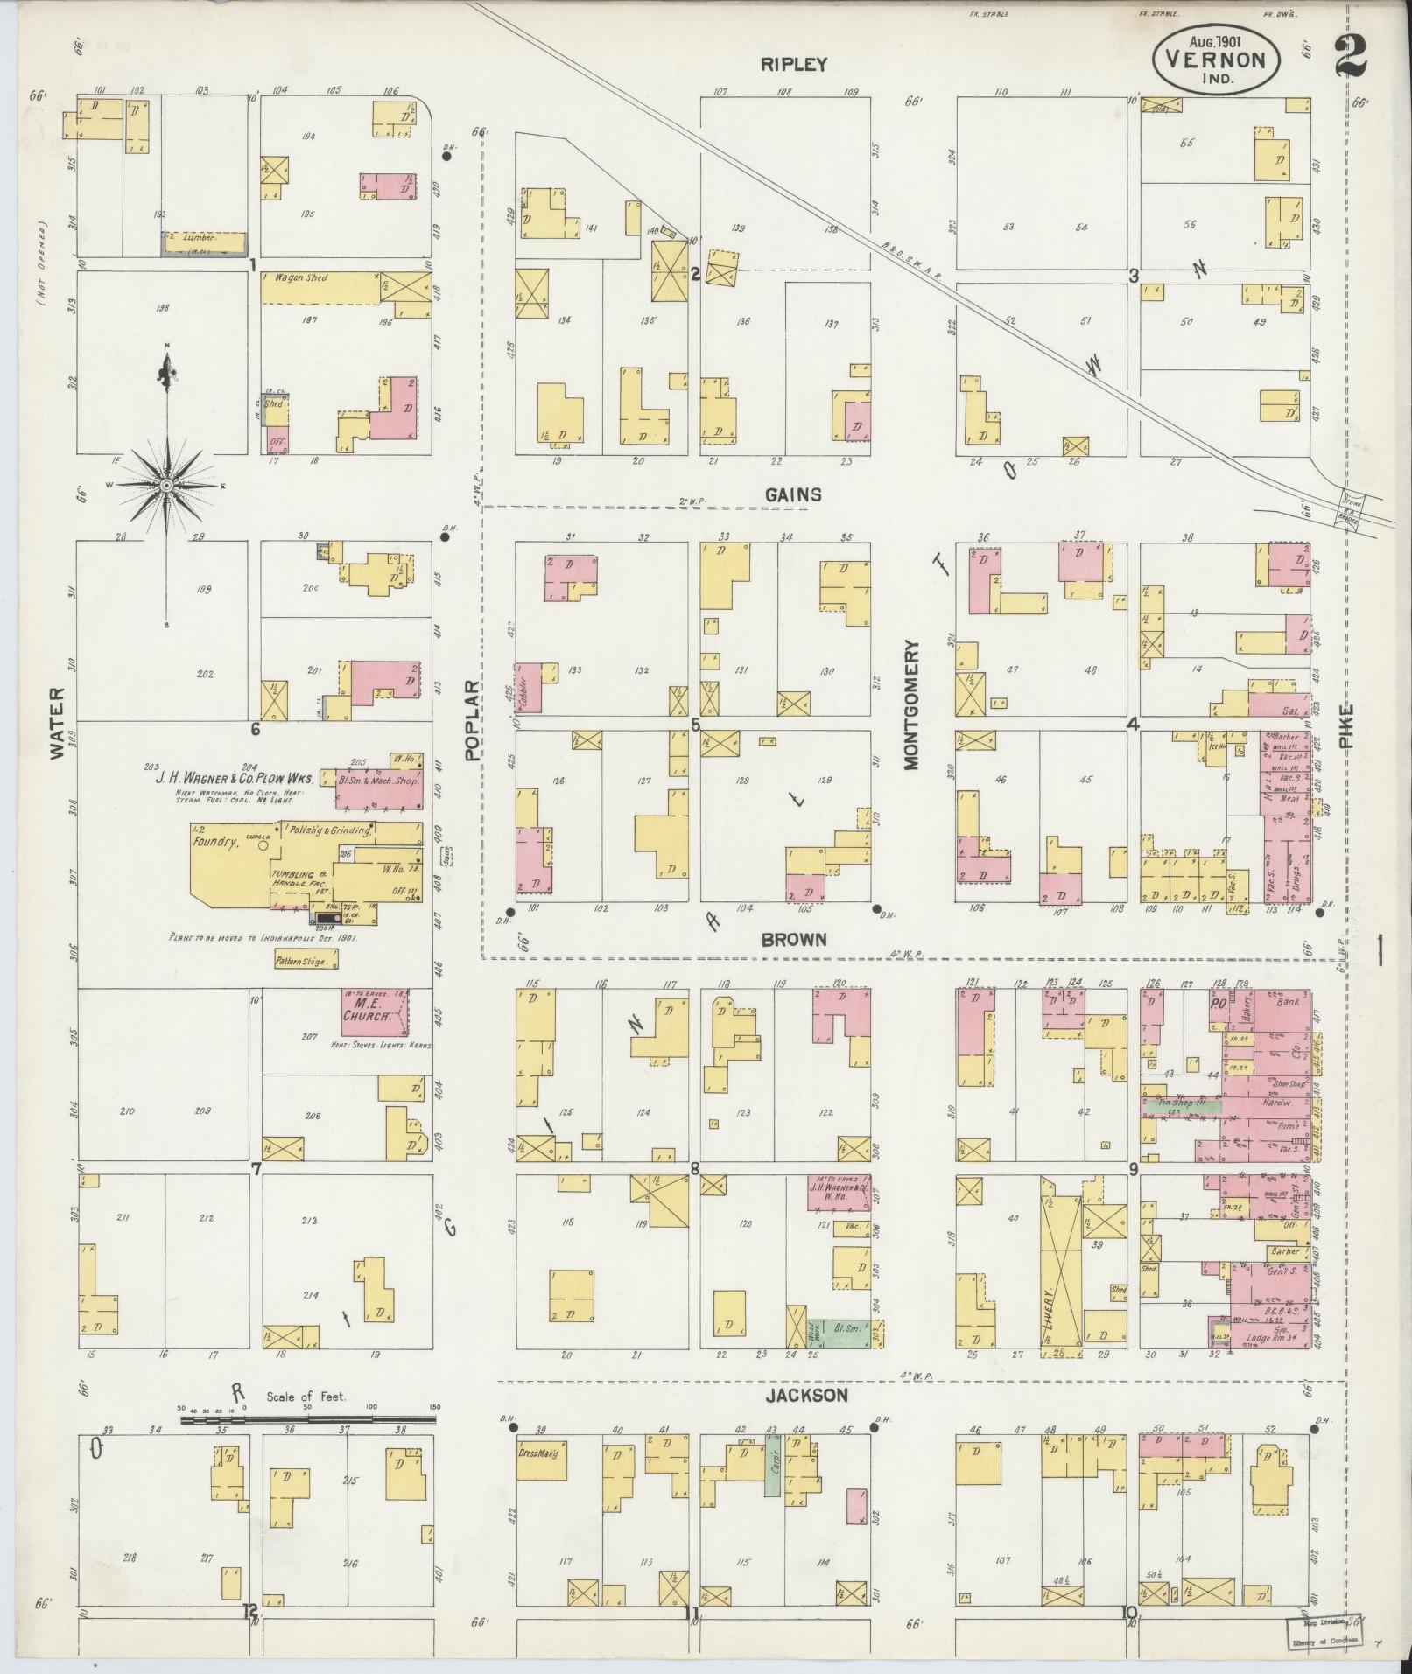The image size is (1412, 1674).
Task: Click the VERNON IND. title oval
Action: pos(1217,60)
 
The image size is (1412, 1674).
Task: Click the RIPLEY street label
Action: pos(793,64)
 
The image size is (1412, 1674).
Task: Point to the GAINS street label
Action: pos(791,494)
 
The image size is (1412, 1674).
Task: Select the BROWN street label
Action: pos(794,940)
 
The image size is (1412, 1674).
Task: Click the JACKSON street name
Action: pos(807,1396)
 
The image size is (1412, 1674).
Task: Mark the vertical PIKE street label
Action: pos(1345,726)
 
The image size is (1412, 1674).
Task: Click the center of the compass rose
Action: pos(166,485)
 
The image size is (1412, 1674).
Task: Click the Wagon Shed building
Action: pos(320,287)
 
